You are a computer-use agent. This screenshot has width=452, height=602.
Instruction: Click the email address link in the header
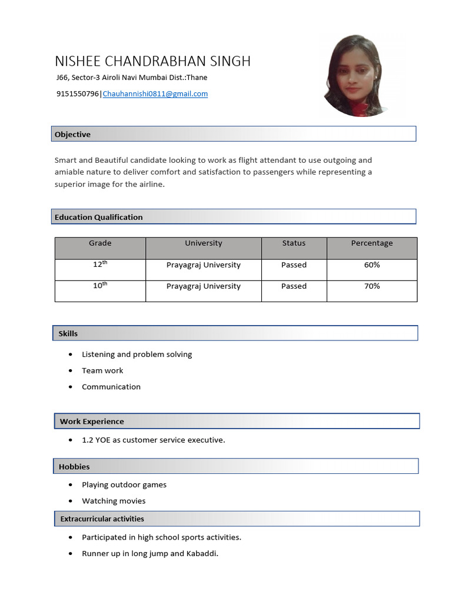[x=155, y=93]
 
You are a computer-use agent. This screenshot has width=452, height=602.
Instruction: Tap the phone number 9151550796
[x=78, y=93]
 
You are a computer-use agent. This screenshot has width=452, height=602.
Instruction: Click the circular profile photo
[x=357, y=75]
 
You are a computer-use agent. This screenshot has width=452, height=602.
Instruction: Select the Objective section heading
[x=73, y=135]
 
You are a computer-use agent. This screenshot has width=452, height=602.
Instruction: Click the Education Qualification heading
[x=99, y=217]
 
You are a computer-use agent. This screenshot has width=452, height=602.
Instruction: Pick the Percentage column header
[x=372, y=243]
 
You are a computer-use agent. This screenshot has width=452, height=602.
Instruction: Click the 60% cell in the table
[x=372, y=265]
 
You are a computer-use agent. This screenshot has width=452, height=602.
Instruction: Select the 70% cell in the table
[x=372, y=286]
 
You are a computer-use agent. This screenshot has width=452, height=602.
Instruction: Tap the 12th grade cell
[x=100, y=265]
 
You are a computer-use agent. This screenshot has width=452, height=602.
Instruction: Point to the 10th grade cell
[x=100, y=286]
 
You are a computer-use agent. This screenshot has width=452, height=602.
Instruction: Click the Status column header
[x=294, y=243]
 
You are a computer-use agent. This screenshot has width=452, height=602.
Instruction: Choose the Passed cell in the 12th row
[x=294, y=265]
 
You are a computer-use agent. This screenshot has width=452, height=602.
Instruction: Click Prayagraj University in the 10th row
[x=204, y=286]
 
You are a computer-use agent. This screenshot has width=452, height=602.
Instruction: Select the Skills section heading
[x=68, y=333]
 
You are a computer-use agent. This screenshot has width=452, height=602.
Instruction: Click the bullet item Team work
[x=102, y=370]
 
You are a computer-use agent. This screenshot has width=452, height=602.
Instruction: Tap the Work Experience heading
[x=92, y=422]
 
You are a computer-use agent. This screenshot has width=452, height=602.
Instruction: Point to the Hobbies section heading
[x=74, y=467]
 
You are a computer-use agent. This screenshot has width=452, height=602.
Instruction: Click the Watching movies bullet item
[x=114, y=501]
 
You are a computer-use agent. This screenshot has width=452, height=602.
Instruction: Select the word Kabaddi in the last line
[x=202, y=553]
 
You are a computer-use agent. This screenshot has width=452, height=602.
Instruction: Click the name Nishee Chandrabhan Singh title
[x=152, y=61]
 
